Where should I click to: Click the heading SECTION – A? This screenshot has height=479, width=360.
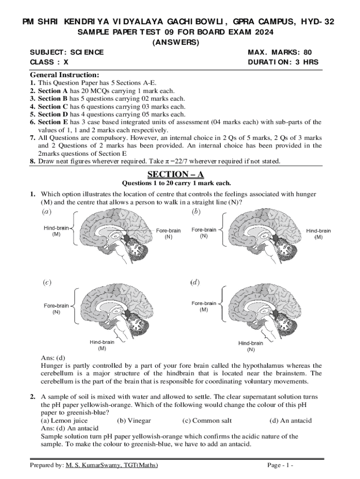[176, 174]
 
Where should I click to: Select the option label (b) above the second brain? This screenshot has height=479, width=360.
[196, 211]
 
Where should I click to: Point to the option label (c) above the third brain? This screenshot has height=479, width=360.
[47, 282]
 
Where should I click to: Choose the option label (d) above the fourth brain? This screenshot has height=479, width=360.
[195, 282]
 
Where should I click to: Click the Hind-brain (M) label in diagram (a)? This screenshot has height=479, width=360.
[56, 231]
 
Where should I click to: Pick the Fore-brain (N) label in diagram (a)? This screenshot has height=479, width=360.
[168, 233]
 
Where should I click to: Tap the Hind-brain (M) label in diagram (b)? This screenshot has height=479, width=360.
[318, 234]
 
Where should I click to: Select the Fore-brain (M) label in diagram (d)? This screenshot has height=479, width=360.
[204, 306]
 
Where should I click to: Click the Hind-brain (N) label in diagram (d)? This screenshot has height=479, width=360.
[251, 346]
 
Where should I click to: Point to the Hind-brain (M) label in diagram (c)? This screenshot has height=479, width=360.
[102, 345]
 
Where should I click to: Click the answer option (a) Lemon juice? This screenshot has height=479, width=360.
[64, 421]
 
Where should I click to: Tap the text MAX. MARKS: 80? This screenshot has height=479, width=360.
[280, 52]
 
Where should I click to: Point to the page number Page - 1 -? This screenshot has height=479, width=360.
[280, 465]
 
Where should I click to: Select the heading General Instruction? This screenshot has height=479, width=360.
[64, 75]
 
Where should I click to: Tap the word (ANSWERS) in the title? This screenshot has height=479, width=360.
[176, 42]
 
